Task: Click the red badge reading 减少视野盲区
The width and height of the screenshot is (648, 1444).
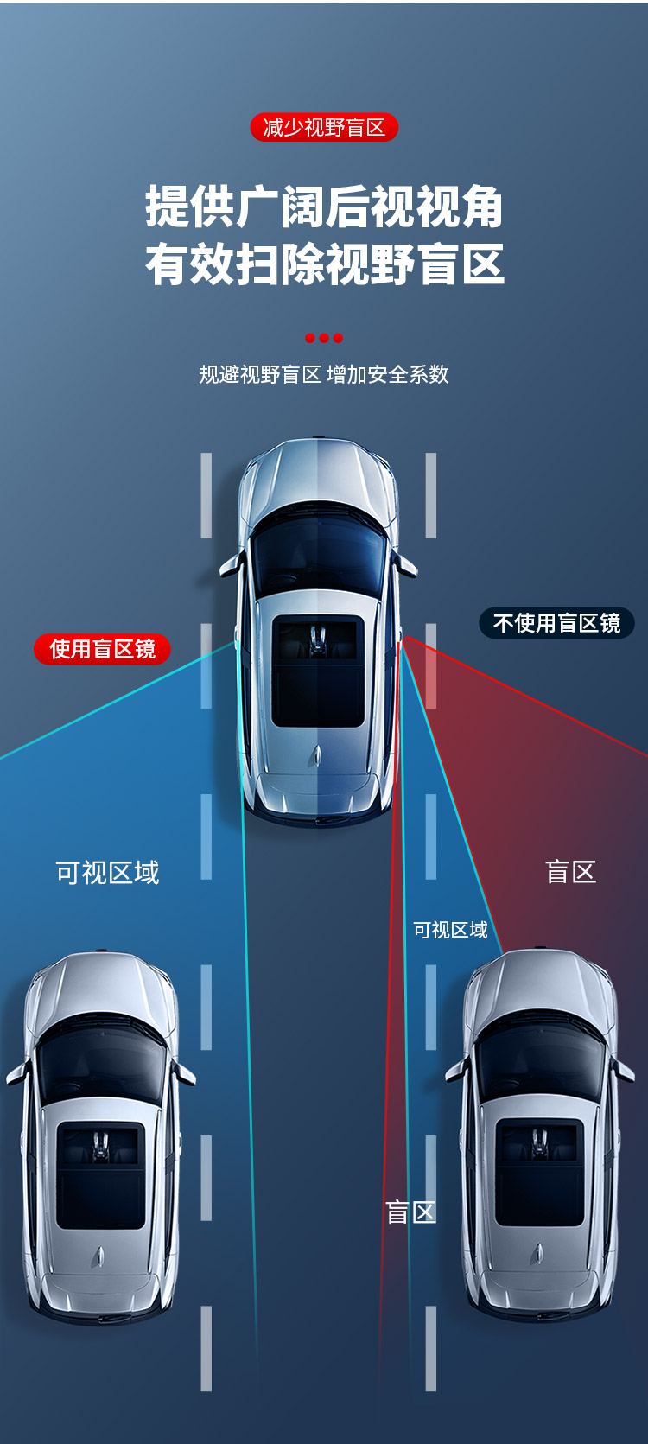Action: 324,128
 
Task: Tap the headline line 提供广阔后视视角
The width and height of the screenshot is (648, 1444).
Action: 324,207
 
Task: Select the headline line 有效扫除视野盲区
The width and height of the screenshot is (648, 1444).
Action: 324,264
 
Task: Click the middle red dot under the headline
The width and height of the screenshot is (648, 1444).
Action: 324,338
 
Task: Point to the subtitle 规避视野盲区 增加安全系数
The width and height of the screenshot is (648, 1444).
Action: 324,374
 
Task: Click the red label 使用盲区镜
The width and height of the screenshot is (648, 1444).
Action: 102,649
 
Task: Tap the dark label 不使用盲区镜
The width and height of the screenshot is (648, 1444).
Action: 556,623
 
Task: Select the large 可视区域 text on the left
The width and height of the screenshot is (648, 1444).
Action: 107,873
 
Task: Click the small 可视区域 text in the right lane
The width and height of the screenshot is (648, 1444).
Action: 450,930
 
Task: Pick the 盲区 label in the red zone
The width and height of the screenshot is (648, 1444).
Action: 570,872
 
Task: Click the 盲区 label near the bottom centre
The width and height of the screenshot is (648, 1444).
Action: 410,1212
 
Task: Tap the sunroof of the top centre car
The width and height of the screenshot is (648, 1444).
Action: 318,671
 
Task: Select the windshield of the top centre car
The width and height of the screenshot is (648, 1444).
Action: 318,553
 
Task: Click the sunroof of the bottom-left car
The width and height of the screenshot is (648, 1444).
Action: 101,1175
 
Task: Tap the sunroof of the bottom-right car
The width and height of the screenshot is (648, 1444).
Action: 540,1173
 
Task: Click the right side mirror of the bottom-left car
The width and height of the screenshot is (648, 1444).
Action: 185,1074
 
